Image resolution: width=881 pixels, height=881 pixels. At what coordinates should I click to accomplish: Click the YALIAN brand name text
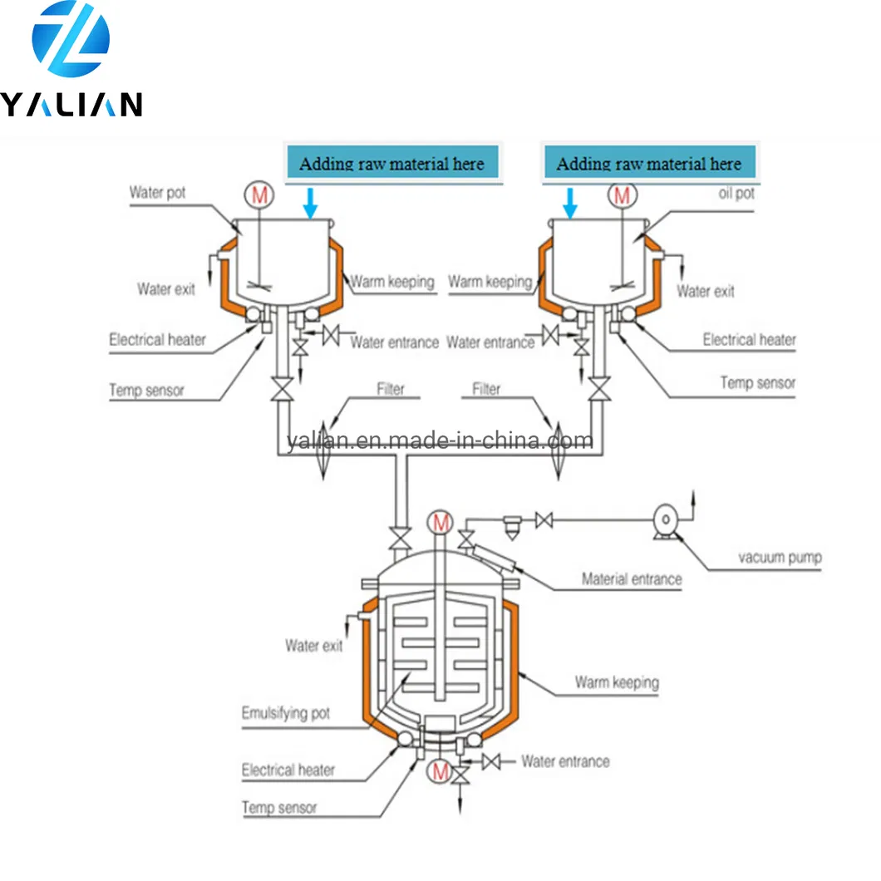point(71,104)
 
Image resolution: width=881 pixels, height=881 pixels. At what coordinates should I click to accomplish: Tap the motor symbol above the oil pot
point(621,196)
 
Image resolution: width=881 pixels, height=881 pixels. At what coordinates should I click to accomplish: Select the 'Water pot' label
point(157,193)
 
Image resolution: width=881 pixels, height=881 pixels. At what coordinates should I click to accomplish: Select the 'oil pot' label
point(735,193)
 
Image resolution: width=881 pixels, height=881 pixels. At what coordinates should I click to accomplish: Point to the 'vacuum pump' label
point(779,557)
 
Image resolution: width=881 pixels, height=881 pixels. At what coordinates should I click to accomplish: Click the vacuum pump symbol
point(665,519)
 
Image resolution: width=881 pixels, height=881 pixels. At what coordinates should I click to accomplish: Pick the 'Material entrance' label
point(632,578)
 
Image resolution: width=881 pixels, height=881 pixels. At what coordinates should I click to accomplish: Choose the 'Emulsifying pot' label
point(285,713)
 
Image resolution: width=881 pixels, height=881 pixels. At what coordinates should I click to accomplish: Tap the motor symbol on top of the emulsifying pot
point(440,523)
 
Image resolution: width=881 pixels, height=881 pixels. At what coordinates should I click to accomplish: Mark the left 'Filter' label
point(391,388)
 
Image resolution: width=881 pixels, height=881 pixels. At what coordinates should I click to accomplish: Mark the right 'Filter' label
point(486,388)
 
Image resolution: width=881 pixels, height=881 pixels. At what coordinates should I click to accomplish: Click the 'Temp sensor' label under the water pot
point(146,390)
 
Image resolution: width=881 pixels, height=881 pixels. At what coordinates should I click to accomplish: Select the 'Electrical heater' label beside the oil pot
point(749,339)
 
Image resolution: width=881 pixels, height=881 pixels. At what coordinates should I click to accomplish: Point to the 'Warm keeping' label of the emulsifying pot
point(616,682)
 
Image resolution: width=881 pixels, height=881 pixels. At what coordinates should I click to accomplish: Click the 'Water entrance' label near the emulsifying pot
point(565,761)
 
